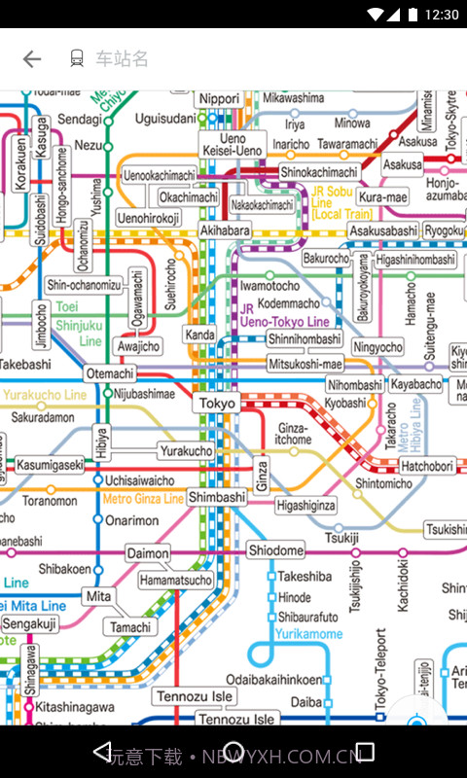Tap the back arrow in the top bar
[x=32, y=59]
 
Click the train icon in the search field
[x=77, y=59]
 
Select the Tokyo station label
[x=217, y=404]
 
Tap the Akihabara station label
[x=225, y=230]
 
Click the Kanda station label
[x=199, y=336]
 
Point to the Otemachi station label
[x=110, y=373]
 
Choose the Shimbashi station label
[x=217, y=497]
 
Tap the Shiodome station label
[x=275, y=550]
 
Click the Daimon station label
[x=148, y=553]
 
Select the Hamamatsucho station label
[x=175, y=581]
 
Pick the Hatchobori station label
[x=427, y=467]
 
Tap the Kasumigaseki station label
[x=50, y=466]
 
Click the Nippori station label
[x=218, y=99]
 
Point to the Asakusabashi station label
[x=383, y=230]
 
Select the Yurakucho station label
[x=186, y=451]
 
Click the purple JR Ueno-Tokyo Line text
[x=284, y=315]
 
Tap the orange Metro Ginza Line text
[x=143, y=499]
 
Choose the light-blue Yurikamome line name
[x=309, y=634]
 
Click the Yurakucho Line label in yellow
[x=45, y=396]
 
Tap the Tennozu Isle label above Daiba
[x=195, y=696]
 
